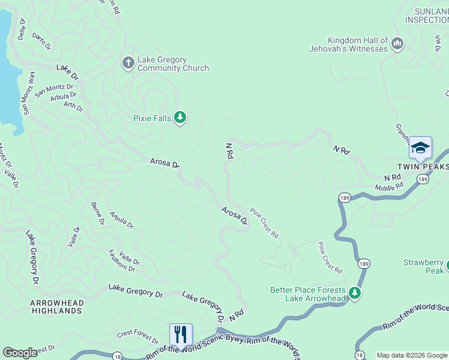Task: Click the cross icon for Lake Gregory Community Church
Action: coord(128,62)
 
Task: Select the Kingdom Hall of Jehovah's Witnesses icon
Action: coord(397,44)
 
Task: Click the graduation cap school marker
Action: coord(420,148)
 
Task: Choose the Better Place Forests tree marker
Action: coord(355,293)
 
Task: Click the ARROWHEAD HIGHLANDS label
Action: coord(56,307)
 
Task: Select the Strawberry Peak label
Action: coord(423,267)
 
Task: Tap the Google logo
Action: coord(20,353)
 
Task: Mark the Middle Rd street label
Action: coord(389,188)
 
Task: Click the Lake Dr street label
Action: coord(68,73)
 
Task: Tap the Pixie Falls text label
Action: coord(152,118)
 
